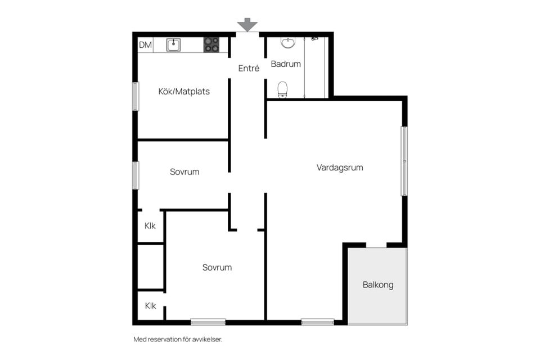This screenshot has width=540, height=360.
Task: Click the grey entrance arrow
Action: pos(247,24)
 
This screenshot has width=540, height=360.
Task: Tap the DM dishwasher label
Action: pos(145,45)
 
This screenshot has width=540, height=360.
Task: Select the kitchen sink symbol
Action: pos(173,45)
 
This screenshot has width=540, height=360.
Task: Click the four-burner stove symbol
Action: pos(211,45)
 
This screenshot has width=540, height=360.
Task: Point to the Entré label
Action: pos(249,68)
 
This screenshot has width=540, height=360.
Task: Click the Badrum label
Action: pos(286,64)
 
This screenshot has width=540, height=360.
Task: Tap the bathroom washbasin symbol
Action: pos(287,43)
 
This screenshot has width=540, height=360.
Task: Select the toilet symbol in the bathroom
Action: pos(282,89)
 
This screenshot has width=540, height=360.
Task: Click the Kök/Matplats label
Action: pos(184,91)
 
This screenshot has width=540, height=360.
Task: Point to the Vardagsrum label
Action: pos(339,168)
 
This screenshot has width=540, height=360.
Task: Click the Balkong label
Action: pos(377,285)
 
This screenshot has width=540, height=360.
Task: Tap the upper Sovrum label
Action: pos(184,172)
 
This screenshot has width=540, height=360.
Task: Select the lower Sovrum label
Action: pos(217,268)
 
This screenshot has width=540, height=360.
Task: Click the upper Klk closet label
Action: pos(150,226)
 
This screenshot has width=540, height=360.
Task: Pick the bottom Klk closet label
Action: pos(150,306)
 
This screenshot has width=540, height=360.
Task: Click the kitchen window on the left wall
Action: pos(135,96)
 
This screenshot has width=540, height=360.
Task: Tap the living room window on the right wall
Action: pos(404,161)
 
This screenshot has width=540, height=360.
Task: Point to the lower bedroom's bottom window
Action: pos(208,322)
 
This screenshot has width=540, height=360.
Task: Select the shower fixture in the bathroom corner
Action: pos(314,39)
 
